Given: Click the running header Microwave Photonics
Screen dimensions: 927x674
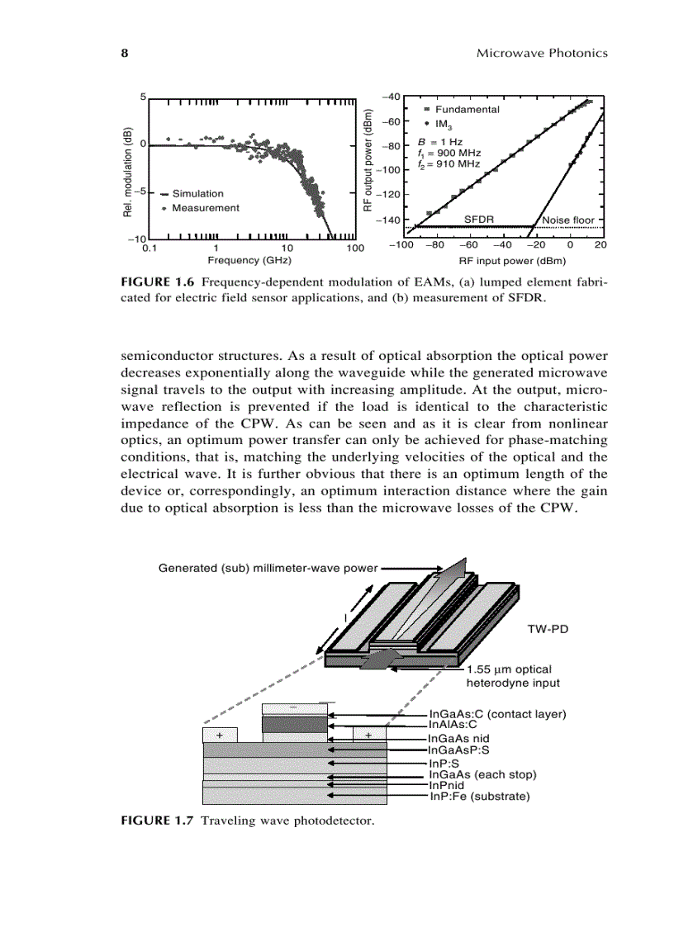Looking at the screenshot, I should [542, 53].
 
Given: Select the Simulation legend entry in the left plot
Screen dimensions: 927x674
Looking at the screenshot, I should [197, 193].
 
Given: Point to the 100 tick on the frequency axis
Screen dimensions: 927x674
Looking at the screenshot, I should [355, 247].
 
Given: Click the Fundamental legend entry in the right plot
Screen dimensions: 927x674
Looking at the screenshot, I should [467, 109].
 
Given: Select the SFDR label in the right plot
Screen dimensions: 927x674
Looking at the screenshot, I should [478, 220].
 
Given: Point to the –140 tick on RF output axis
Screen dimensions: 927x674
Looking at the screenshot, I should [387, 220].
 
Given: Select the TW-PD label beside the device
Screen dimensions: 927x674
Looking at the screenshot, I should [547, 628].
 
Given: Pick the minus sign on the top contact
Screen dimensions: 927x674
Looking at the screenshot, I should [293, 708].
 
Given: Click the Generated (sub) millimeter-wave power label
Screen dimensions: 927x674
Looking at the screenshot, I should [268, 568].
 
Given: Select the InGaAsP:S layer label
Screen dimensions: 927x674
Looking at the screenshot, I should [458, 750].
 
